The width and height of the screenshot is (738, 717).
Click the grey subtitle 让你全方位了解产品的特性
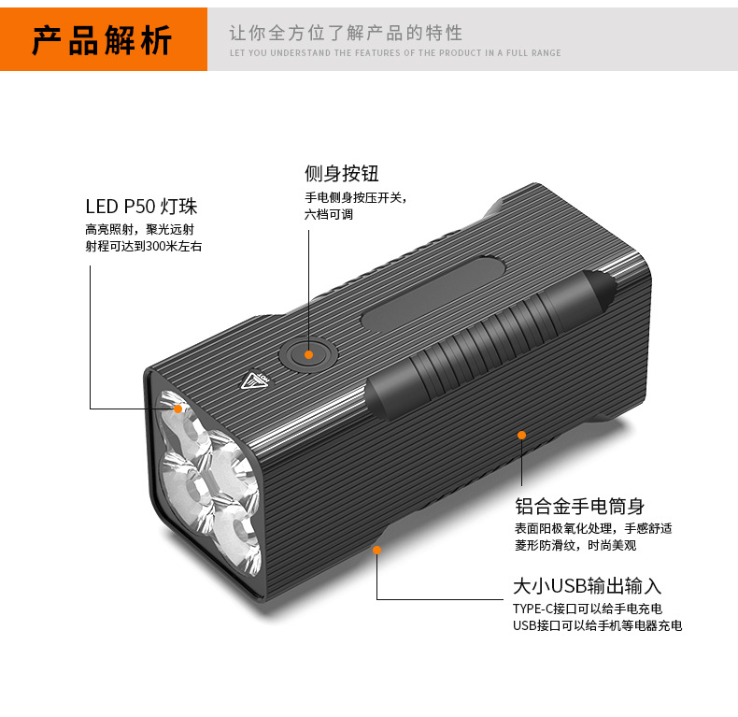coord(346,34)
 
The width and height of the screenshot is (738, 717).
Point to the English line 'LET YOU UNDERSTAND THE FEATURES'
coord(395,53)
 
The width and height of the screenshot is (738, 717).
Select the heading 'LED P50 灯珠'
coord(141,207)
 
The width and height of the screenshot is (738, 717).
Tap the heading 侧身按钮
coord(342,174)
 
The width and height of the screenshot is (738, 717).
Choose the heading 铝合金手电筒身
coord(580,507)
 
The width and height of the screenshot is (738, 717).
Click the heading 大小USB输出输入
coord(587,586)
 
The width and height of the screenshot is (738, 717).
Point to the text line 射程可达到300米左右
coord(143,247)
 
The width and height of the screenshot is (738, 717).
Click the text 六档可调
coord(329,214)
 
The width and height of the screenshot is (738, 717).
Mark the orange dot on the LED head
coord(177,409)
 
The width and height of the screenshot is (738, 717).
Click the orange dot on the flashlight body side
coord(522,435)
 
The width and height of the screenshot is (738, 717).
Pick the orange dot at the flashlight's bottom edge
coord(377,550)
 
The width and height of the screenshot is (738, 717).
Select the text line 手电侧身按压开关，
coord(356,198)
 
